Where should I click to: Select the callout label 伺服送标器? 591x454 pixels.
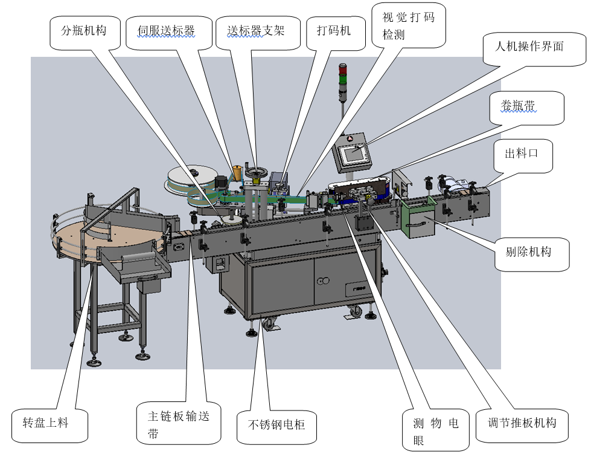(x=166, y=31)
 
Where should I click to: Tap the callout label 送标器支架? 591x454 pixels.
(x=256, y=30)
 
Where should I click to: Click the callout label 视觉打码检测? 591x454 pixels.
(x=409, y=25)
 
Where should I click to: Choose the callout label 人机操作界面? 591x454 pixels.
(x=529, y=47)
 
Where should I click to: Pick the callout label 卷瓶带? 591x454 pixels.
(x=518, y=107)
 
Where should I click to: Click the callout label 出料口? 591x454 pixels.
(x=522, y=154)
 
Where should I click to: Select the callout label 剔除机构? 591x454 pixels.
(x=528, y=251)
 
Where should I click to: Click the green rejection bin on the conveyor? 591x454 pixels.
(x=417, y=218)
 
